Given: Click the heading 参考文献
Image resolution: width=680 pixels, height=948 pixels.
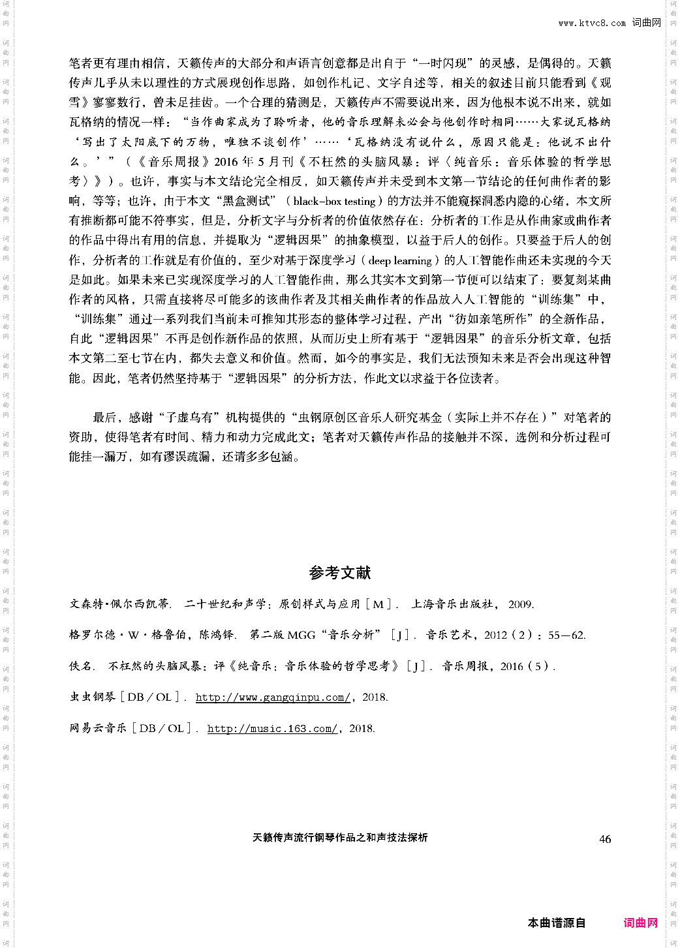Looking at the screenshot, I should tap(339, 573).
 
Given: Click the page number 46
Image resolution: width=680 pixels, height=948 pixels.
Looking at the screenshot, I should tap(605, 839).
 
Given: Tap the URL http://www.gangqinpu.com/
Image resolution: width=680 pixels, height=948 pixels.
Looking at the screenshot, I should tap(273, 697).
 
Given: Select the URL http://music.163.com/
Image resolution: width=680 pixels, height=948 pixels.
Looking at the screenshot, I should tap(272, 729).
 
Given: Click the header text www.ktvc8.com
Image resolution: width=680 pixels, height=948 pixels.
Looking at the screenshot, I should tap(592, 23).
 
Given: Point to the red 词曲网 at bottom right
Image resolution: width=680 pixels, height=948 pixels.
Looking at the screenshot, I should tap(640, 923).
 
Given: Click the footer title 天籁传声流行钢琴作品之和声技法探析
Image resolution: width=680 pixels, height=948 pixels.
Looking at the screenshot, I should tap(340, 838).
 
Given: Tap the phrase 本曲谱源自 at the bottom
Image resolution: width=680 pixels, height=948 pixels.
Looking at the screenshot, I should tap(556, 923).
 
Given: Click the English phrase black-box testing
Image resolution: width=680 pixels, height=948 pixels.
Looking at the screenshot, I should tap(335, 201).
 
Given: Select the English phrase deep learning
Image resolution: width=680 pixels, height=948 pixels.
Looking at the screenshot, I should tap(400, 260).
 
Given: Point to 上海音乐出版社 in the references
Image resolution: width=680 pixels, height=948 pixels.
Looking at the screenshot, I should tap(452, 604).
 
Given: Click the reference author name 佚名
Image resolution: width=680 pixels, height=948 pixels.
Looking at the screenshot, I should tap(81, 666).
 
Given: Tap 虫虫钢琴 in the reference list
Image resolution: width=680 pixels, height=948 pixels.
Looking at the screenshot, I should tap(92, 697).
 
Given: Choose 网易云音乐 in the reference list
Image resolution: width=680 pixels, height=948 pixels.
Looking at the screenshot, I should tap(98, 729).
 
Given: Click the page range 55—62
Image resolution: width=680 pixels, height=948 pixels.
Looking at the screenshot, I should tap(566, 635).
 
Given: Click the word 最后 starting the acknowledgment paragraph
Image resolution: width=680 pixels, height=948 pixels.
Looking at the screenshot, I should tap(105, 418).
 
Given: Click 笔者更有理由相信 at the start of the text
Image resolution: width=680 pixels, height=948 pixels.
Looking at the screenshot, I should tap(117, 63).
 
